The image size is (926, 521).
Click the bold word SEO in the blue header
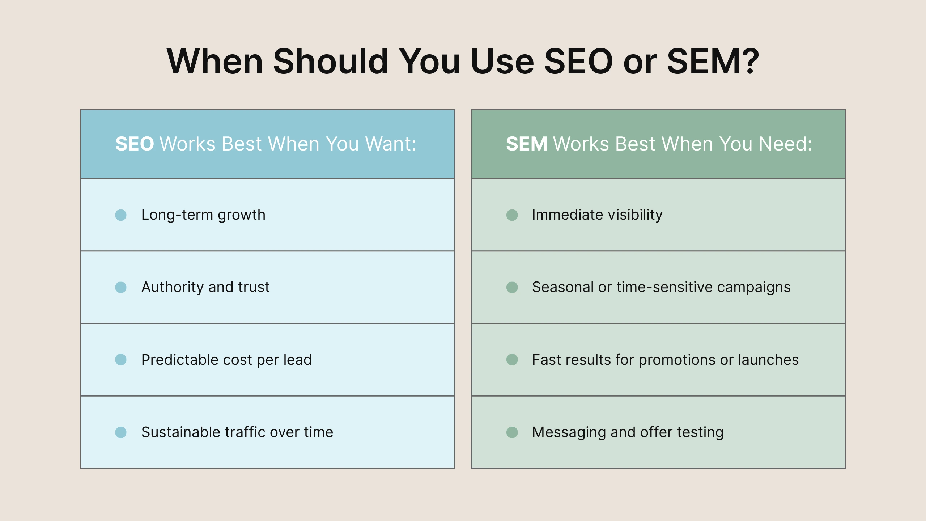[135, 144]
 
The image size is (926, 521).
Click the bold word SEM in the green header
[527, 144]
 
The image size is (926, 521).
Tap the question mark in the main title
[748, 62]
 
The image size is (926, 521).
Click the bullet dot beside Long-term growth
[121, 215]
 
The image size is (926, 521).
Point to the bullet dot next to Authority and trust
[121, 287]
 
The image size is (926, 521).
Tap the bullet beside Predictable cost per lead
[121, 360]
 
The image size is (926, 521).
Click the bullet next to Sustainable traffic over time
[121, 432]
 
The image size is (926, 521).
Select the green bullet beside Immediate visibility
[512, 215]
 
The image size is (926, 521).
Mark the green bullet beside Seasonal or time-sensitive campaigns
[512, 287]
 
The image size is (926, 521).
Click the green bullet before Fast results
[512, 360]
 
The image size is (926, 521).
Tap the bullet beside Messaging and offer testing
[512, 432]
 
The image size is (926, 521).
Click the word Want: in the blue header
[391, 144]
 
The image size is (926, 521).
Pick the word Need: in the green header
[785, 144]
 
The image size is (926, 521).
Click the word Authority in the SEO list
[173, 287]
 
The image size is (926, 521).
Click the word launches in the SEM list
[768, 360]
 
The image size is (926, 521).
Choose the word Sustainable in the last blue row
[180, 432]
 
